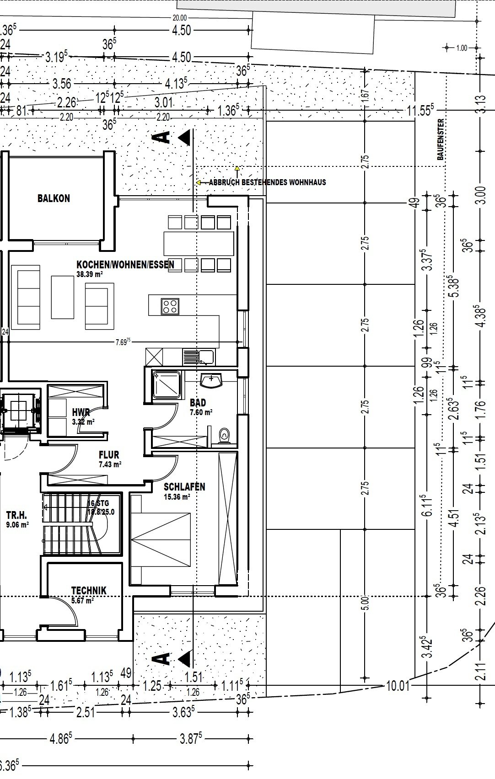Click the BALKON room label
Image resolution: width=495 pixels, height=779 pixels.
click(x=54, y=198)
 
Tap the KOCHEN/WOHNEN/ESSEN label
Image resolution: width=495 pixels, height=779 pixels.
click(x=125, y=265)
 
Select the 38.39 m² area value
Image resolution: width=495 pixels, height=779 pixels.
click(x=89, y=275)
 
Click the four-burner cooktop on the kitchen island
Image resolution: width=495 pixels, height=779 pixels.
click(x=170, y=306)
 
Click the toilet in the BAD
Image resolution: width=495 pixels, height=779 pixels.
click(x=224, y=435)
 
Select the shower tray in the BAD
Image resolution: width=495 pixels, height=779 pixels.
click(x=167, y=384)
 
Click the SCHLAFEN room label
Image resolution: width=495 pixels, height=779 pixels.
click(x=184, y=487)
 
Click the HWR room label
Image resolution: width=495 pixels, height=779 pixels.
click(x=81, y=412)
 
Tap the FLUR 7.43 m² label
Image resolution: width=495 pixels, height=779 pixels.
click(x=109, y=459)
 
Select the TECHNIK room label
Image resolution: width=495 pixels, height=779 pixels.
click(x=89, y=590)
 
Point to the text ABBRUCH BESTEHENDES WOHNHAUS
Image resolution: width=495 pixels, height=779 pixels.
click(x=267, y=182)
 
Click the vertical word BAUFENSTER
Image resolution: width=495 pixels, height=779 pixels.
click(x=441, y=139)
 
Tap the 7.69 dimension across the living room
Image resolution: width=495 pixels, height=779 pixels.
click(x=122, y=341)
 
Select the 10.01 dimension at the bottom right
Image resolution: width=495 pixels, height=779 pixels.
click(x=397, y=686)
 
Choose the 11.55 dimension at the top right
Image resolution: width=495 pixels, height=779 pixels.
click(x=420, y=110)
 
